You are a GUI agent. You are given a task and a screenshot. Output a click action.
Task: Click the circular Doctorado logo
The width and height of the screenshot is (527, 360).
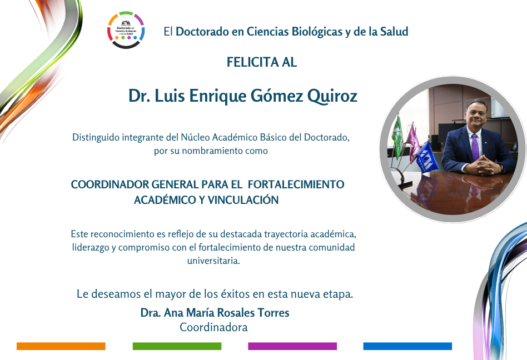click(126, 30)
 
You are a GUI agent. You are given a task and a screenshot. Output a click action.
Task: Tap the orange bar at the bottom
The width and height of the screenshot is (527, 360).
click(61, 346)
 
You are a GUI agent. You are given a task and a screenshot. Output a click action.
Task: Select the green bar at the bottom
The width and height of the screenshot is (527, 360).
click(177, 346)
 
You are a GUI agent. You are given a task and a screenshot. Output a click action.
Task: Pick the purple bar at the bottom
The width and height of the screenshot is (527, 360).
click(292, 346)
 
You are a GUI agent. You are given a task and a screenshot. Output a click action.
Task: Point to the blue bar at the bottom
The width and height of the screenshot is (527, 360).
click(407, 346)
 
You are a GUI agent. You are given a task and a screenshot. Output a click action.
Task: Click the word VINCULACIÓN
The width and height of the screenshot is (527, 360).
click(243, 200)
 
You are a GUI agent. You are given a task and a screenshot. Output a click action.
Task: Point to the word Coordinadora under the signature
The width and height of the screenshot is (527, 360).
click(214, 327)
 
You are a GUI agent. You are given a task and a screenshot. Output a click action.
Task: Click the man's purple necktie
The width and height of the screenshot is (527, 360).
click(475, 147)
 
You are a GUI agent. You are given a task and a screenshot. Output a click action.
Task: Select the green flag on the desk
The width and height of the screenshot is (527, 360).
click(398, 136)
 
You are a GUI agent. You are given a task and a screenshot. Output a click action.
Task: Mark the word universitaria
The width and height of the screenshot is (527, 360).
click(214, 261)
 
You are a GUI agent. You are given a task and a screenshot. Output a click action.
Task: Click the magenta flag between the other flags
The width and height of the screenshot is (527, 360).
click(412, 139)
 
